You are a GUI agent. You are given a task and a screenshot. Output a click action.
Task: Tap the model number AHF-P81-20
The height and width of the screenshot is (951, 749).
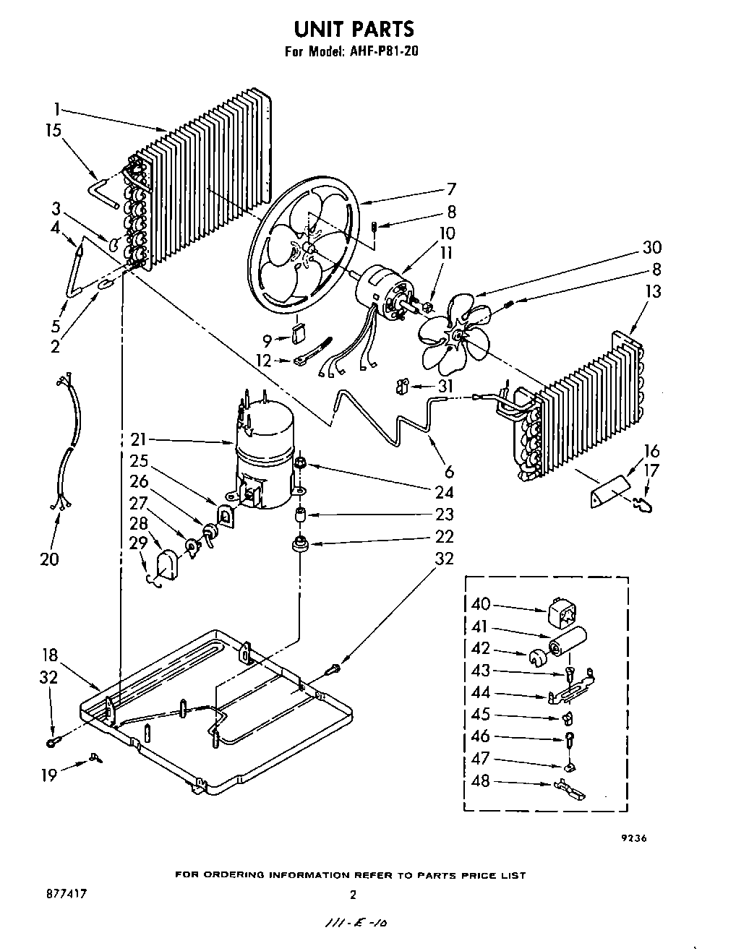coord(382,51)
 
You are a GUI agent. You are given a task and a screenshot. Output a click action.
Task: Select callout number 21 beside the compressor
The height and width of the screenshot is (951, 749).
coord(139,439)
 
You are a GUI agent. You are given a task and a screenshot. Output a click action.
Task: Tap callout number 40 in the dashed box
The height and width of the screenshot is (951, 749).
coord(481,604)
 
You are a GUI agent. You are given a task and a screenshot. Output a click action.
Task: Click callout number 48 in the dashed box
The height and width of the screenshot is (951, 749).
coord(481,780)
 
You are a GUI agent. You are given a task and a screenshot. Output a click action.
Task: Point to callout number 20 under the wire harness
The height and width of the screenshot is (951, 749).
coord(49,559)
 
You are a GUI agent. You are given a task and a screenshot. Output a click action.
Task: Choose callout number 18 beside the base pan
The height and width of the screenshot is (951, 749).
coord(49,655)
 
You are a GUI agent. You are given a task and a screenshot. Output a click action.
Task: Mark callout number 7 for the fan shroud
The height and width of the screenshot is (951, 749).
coord(451,190)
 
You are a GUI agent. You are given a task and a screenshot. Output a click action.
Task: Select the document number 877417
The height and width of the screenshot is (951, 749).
coord(66,894)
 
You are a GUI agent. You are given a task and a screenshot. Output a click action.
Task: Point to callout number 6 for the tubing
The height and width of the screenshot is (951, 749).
coord(449,472)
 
